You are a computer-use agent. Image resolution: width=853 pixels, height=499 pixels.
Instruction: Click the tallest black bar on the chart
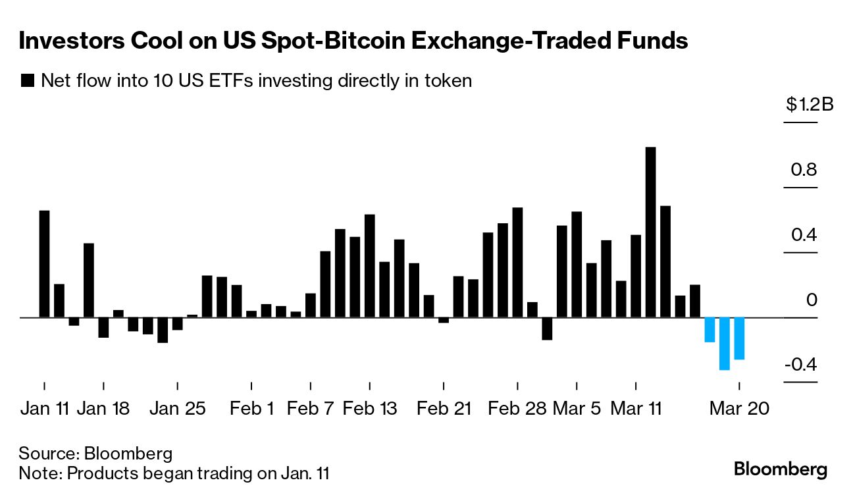tap(650, 232)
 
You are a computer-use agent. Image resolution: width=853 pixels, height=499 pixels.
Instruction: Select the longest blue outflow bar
tap(724, 344)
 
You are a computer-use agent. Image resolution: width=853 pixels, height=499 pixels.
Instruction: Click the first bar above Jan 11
tap(44, 263)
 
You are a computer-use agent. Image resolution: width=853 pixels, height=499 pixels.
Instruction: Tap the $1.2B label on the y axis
tap(809, 105)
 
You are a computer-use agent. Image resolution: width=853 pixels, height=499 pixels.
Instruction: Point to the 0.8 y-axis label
tap(803, 171)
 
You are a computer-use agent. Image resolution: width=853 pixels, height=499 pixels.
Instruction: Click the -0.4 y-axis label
tap(799, 365)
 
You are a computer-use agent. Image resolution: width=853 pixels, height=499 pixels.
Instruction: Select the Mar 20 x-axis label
tap(738, 408)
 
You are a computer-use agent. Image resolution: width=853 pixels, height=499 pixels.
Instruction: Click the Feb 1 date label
tap(251, 408)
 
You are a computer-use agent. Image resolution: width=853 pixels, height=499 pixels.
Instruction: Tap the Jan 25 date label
tap(177, 408)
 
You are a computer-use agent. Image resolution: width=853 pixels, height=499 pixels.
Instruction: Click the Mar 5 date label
tap(577, 408)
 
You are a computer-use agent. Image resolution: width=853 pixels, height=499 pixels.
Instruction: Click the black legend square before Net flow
tap(28, 81)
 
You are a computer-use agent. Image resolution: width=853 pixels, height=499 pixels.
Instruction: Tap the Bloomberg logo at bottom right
tap(780, 469)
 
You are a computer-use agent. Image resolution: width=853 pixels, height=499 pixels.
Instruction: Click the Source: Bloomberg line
tap(95, 453)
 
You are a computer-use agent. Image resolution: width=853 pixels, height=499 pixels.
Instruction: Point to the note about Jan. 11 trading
tap(174, 473)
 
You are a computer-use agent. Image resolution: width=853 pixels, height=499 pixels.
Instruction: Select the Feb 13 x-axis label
tap(370, 408)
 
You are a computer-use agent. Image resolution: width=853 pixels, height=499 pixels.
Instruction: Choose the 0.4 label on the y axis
tap(803, 235)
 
